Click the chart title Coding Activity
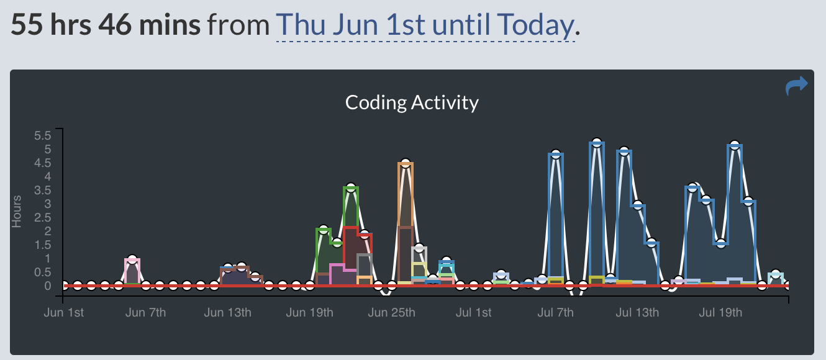(412, 102)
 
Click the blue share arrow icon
(796, 86)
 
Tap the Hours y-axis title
(17, 211)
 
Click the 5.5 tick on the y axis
(43, 135)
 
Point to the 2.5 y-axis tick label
(43, 217)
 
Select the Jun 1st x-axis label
(63, 312)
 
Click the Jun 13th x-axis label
(227, 312)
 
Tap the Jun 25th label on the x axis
(391, 312)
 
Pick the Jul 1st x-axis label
(473, 312)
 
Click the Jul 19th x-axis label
(720, 312)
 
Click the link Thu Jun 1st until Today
(425, 25)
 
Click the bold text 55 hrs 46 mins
(106, 25)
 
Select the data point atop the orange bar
(406, 164)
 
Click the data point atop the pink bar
(132, 259)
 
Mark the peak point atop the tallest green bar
(351, 188)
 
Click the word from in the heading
(238, 25)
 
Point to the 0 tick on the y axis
(47, 286)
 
